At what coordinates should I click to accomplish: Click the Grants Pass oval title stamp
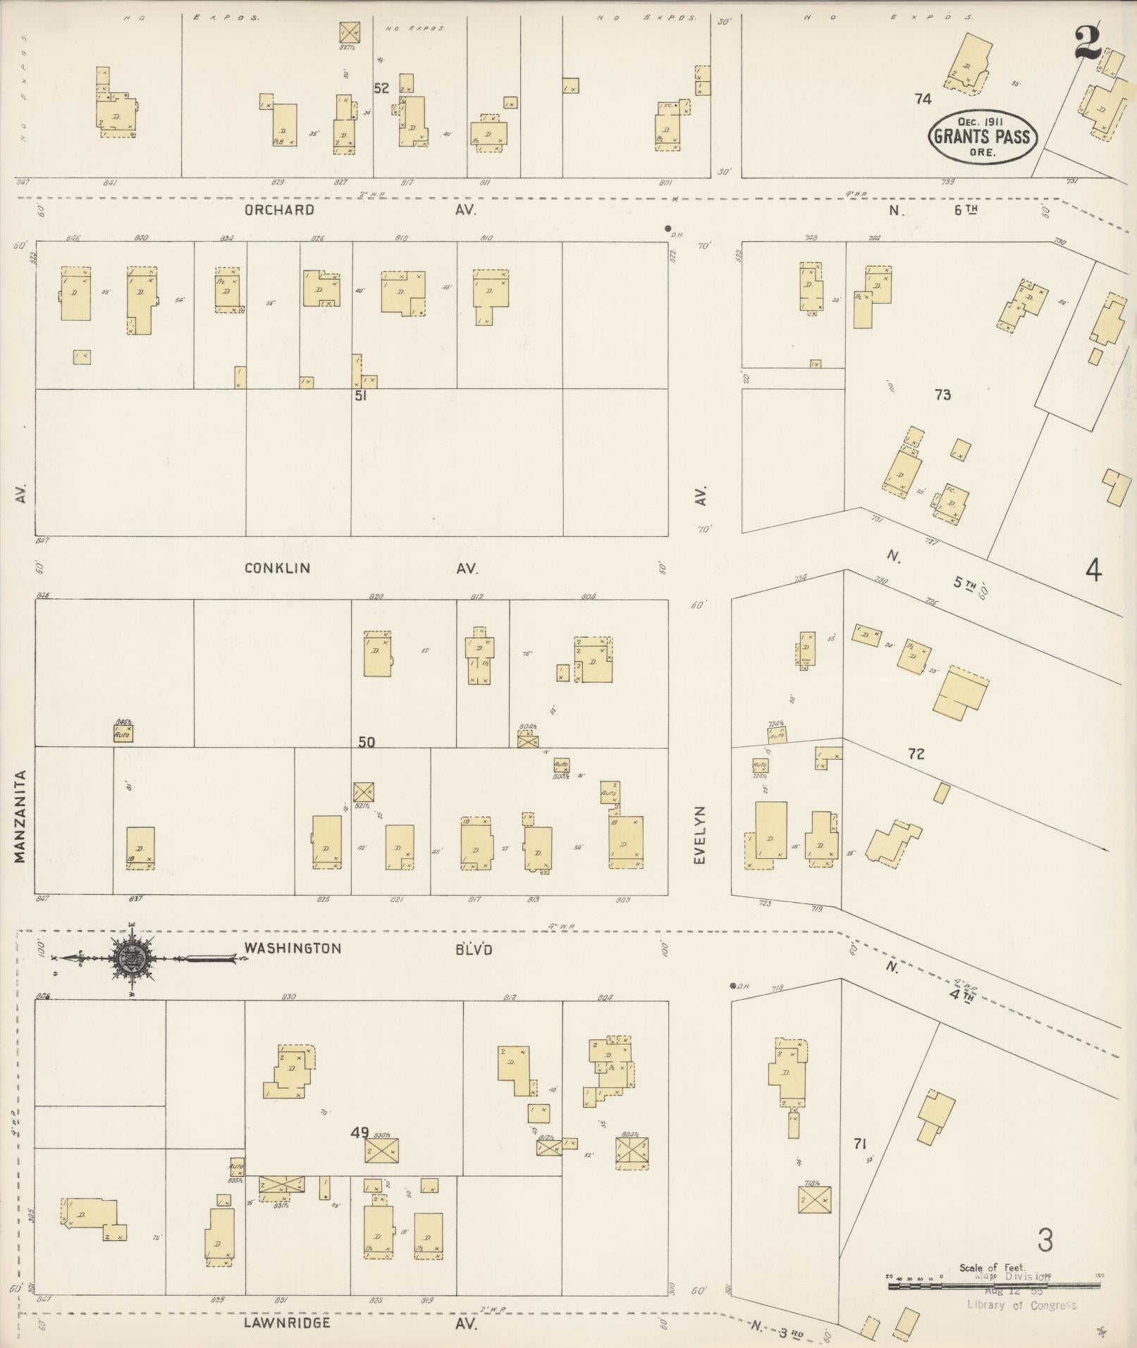(x=983, y=137)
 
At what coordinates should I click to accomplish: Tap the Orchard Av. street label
(x=359, y=210)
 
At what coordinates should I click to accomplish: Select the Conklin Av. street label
(x=359, y=568)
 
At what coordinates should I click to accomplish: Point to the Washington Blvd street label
(x=367, y=948)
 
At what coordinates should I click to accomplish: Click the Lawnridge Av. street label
(x=359, y=1323)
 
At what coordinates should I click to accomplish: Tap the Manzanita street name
(x=20, y=816)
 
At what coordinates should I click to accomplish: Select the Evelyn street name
(x=699, y=835)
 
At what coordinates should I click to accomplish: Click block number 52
(x=381, y=89)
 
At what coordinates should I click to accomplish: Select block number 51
(x=360, y=396)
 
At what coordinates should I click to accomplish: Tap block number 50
(x=367, y=742)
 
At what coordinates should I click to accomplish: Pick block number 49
(x=359, y=1132)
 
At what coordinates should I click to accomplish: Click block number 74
(x=923, y=99)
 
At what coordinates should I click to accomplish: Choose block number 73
(x=942, y=395)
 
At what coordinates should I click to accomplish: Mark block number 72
(x=916, y=754)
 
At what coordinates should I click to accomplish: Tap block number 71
(x=859, y=1144)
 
